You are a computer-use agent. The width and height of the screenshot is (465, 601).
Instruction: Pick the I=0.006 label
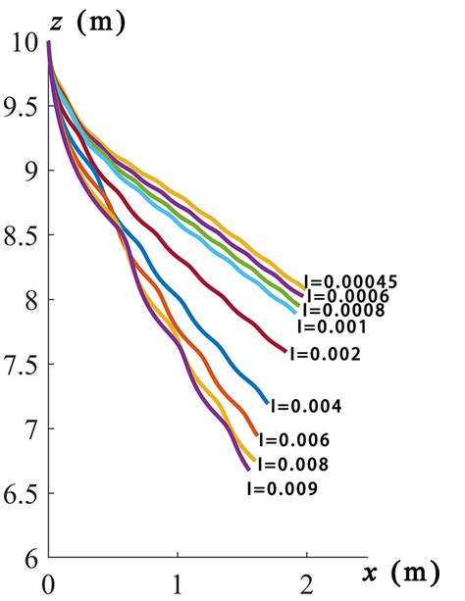click(294, 440)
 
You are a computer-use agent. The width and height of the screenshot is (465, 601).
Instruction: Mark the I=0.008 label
click(291, 465)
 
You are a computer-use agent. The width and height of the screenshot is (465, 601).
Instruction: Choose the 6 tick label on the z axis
click(29, 558)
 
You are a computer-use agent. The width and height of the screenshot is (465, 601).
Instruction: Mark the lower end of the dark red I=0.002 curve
click(285, 350)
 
